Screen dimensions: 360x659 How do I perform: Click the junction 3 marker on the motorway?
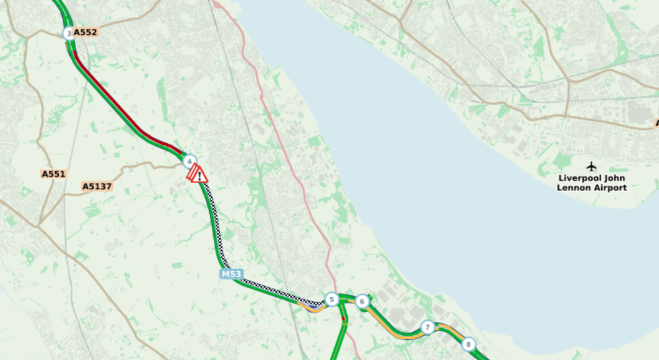coord(69,32)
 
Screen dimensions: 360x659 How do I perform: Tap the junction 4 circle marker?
coord(190,161)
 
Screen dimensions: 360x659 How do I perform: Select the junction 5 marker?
coord(331,299)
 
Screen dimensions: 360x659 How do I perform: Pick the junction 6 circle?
coord(362,301)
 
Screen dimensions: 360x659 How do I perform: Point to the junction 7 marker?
coord(428,328)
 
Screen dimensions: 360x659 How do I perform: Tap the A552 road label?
coord(85,32)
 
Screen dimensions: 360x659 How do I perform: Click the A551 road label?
coord(54,174)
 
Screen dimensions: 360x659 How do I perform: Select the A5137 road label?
coord(97,186)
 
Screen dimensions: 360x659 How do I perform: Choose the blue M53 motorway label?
coord(231,274)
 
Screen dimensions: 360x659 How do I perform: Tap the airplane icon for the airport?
coord(591,166)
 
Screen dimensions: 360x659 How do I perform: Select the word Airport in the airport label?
coord(609,188)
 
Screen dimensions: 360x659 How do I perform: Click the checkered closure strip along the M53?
coord(215,222)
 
